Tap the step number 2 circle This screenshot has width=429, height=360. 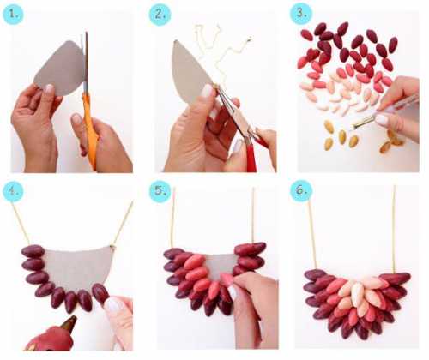(160, 15)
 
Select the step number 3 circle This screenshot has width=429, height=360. (301, 14)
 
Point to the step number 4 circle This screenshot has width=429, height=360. (13, 191)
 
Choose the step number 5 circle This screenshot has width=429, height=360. (160, 191)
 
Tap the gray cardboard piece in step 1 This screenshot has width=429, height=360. (60, 69)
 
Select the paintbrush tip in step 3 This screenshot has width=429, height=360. (354, 126)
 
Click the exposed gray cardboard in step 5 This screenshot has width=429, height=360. (221, 265)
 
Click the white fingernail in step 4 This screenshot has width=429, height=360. (113, 305)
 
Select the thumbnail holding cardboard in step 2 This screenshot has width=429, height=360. (207, 92)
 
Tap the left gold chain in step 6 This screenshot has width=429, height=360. (312, 234)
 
